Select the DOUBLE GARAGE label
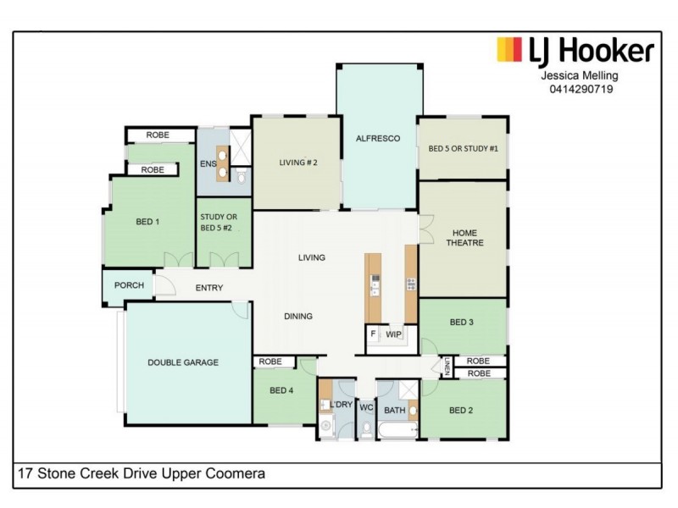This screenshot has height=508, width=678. tap(183, 362)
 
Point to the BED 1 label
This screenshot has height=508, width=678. tap(147, 222)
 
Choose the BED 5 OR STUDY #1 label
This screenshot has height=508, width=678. tap(463, 148)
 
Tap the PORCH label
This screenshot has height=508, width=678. tap(129, 285)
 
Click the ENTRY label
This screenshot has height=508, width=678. tap(209, 288)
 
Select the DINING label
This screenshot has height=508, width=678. tap(298, 316)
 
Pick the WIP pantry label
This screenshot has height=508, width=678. tap(393, 335)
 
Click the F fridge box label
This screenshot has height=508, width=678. tap(372, 335)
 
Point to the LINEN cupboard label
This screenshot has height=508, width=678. tap(447, 367)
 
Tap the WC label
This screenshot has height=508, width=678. tap(366, 407)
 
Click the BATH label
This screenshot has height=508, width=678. tap(394, 411)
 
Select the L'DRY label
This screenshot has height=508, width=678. tap(342, 406)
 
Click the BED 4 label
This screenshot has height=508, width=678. tap(281, 390)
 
